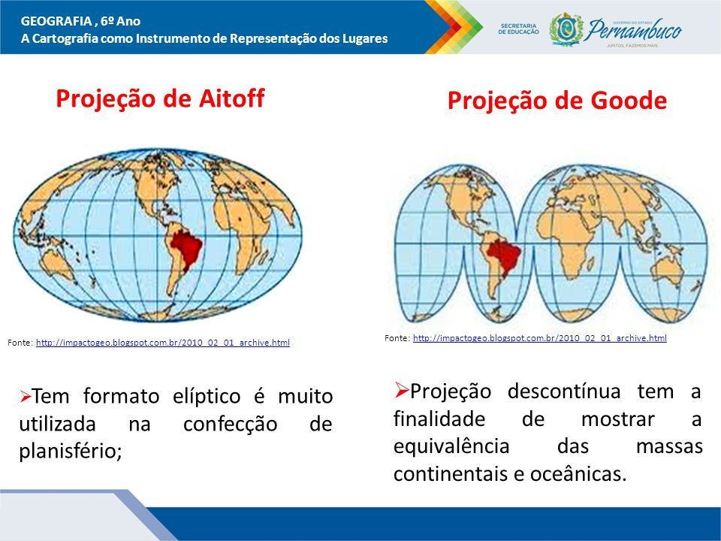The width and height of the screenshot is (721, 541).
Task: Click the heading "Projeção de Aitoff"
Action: (x=160, y=98)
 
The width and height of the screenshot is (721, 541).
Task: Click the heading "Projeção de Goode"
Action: (x=557, y=101)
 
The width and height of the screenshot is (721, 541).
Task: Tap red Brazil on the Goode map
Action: (x=504, y=257)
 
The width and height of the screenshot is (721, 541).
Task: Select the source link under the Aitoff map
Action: (x=163, y=343)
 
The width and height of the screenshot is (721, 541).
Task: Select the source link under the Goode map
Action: (x=540, y=338)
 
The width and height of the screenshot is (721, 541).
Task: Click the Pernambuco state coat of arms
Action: (x=566, y=29)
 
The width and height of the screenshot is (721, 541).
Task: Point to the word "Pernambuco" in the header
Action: (x=634, y=30)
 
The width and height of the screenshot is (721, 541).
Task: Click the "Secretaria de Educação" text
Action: (x=518, y=29)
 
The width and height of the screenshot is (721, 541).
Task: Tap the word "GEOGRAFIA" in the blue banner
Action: (x=56, y=21)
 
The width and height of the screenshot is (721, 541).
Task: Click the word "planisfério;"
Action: (x=71, y=452)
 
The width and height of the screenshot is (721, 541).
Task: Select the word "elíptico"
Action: (x=207, y=397)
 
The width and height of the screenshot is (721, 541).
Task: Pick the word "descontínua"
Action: (x=564, y=391)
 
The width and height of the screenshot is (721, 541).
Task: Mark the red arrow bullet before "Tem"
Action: (x=26, y=396)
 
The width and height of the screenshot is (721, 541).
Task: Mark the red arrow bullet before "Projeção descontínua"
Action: (x=401, y=390)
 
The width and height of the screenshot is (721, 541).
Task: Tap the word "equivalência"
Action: (x=451, y=446)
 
